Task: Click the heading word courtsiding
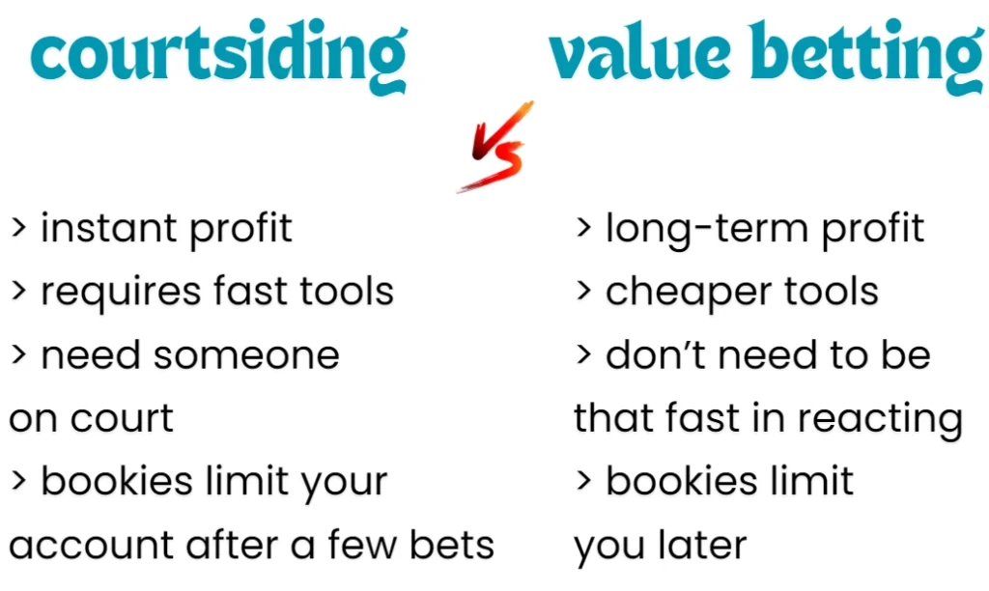click(x=218, y=56)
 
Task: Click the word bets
click(x=451, y=546)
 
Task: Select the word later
click(x=702, y=546)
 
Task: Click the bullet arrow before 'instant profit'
click(x=17, y=229)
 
